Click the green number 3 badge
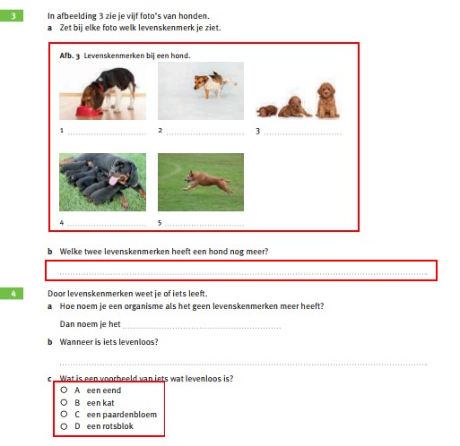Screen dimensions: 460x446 coord(12,16)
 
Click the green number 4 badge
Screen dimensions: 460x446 coord(12,294)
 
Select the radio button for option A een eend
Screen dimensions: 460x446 coord(64,390)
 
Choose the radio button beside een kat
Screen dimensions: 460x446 coord(64,402)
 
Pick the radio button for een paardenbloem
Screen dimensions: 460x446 coord(64,414)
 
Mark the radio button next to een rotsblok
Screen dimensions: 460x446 coord(64,426)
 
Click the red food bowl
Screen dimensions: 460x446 coord(89,111)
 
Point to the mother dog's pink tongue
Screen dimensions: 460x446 coord(113,180)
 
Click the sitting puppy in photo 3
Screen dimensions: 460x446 coord(327,100)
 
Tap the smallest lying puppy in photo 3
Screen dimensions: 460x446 coord(267,111)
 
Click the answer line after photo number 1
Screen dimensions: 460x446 coord(107,134)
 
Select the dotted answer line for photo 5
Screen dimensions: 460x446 coord(204,226)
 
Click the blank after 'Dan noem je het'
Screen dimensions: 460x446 coord(202,328)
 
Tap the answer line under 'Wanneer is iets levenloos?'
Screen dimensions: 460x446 coord(243,365)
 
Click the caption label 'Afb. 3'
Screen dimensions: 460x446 coord(70,56)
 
